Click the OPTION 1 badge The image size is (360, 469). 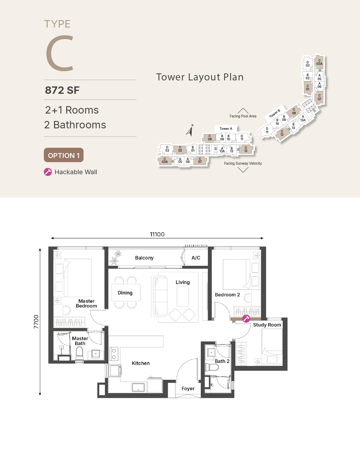(64, 155)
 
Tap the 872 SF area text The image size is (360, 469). (62, 90)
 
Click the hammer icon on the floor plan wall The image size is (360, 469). (246, 318)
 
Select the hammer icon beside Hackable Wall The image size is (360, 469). (48, 172)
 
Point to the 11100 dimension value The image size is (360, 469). (157, 234)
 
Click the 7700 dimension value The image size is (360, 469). (36, 322)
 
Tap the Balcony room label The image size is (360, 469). (144, 258)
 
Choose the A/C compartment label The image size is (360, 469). (196, 258)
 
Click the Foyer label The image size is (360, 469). (188, 389)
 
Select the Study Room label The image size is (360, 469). (267, 325)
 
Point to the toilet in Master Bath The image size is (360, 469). (79, 353)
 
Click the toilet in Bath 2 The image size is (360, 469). (212, 367)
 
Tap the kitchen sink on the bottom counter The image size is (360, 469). (138, 388)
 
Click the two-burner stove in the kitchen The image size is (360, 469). (114, 354)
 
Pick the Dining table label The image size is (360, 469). (125, 293)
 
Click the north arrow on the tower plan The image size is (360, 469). (190, 130)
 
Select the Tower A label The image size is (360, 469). (226, 129)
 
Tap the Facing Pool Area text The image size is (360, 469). (243, 116)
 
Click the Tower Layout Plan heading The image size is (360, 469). (200, 77)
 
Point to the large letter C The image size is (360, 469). (60, 53)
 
